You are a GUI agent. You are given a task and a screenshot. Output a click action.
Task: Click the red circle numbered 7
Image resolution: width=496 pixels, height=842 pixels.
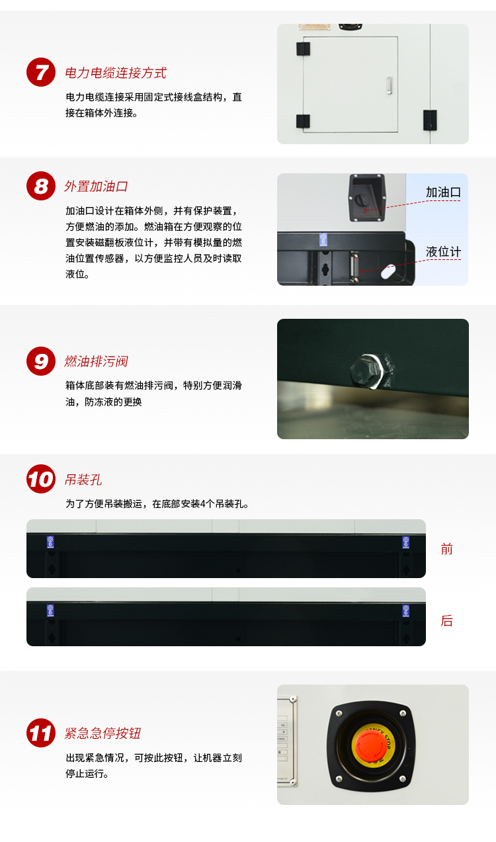[41, 72]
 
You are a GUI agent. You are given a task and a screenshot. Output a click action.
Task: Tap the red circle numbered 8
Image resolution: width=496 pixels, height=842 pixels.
[41, 186]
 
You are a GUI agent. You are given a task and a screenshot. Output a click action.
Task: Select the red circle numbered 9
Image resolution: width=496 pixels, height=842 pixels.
[41, 361]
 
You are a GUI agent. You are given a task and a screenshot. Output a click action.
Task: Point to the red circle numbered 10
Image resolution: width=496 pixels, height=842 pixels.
[41, 479]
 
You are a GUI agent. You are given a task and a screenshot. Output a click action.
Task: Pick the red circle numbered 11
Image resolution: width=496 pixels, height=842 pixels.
[41, 733]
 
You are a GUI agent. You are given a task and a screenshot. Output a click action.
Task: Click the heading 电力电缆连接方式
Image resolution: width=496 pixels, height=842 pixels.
[115, 73]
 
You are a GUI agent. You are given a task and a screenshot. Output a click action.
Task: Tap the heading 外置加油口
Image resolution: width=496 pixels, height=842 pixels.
[96, 187]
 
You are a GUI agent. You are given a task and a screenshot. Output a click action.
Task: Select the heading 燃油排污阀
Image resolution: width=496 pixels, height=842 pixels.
[96, 362]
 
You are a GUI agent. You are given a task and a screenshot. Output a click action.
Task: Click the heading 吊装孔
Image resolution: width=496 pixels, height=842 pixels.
[83, 480]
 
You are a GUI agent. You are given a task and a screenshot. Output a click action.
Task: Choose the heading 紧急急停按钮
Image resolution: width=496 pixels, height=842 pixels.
[103, 734]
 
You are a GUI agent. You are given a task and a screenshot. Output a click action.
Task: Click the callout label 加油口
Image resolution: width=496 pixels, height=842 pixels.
[442, 192]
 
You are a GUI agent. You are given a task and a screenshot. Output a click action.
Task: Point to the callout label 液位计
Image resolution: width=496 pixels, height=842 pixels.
[443, 252]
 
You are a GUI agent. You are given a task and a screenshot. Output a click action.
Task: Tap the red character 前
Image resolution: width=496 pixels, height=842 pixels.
[447, 549]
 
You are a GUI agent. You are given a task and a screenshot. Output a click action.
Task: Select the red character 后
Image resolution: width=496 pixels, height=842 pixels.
[447, 621]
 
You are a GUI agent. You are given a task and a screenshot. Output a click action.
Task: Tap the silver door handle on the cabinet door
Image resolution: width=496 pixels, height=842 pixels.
[389, 84]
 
